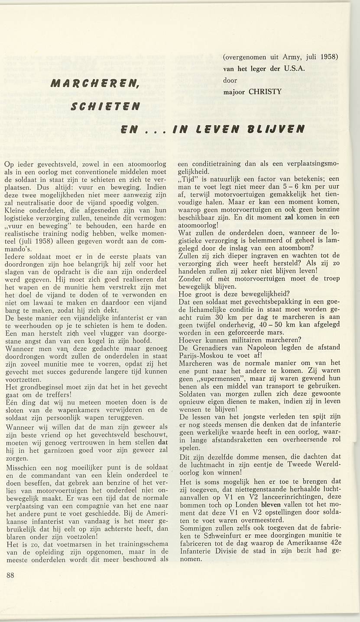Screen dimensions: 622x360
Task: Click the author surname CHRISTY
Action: tap(265, 92)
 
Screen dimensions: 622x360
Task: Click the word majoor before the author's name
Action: tap(234, 92)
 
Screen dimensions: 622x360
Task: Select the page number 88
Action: tap(11, 575)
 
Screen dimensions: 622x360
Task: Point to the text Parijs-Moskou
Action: tap(201, 356)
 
